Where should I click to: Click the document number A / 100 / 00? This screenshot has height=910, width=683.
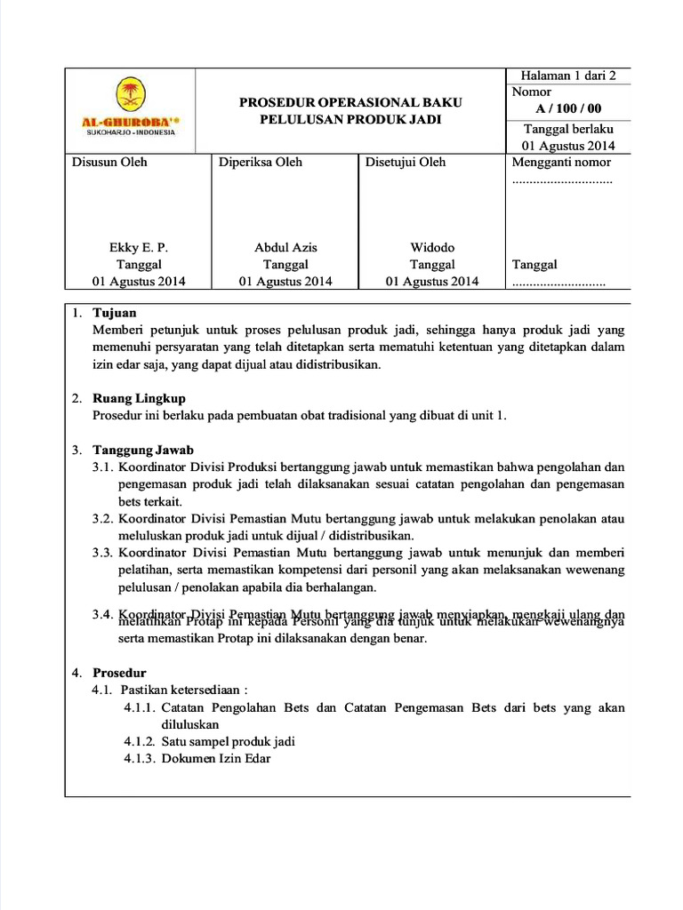pos(568,109)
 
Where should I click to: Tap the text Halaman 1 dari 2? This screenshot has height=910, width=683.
pos(568,76)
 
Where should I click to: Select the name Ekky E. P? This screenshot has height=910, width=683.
pos(138,247)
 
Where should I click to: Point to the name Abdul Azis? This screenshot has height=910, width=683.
pos(285,247)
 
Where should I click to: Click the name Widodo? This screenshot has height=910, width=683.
pos(431,247)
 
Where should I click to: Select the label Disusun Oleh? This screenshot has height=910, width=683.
pos(109,162)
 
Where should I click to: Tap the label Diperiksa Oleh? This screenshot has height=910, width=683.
pos(260,162)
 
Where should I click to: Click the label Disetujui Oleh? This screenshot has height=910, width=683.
pos(406,162)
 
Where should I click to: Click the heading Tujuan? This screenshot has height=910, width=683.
pos(115,313)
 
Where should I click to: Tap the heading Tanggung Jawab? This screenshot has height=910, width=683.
pos(143,450)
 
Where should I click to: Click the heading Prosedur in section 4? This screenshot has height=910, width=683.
pos(119,673)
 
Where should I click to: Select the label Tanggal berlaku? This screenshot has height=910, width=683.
pos(568,129)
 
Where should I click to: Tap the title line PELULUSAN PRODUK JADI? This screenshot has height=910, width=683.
pos(350,120)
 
